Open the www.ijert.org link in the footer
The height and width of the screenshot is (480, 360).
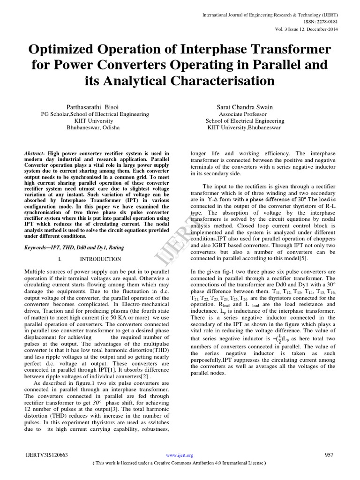pos(180,456)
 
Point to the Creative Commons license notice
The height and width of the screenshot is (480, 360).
pos(180,463)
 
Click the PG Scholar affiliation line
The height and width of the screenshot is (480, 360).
pos(95,114)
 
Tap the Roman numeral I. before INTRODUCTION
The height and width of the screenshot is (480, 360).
pos(60,259)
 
